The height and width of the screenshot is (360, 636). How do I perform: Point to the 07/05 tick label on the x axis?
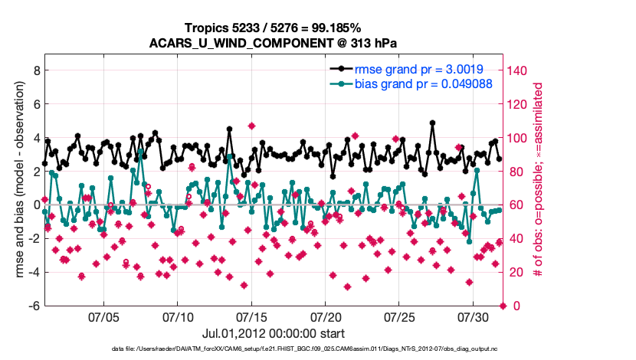click(103, 316)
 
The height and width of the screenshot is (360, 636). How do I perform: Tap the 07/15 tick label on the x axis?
click(251, 316)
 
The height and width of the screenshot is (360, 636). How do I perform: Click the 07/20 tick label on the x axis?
click(326, 316)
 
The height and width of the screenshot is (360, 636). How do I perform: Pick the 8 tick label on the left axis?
click(35, 70)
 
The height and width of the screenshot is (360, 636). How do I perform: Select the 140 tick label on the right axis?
click(520, 70)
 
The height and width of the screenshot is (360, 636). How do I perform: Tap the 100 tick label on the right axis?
click(520, 137)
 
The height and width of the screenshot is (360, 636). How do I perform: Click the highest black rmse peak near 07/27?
click(433, 123)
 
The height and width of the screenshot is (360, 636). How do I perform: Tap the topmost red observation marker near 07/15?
click(251, 126)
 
